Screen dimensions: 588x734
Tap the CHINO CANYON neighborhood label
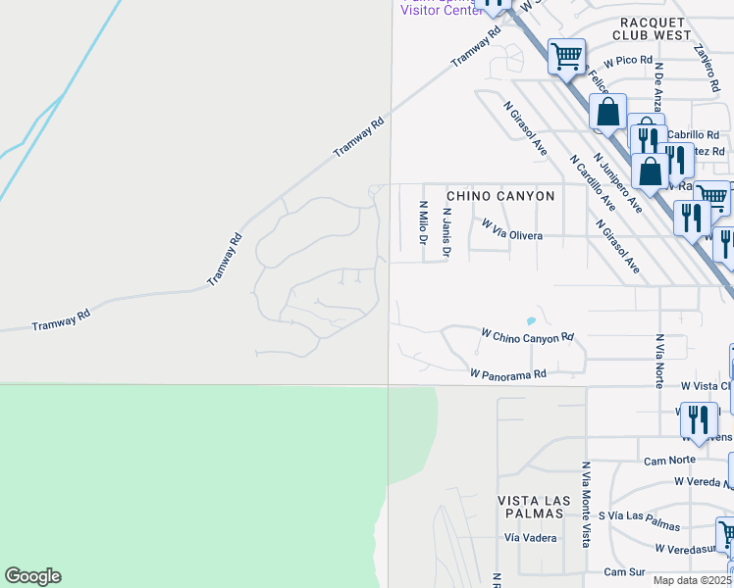click(500, 196)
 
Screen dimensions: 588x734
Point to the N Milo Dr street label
click(424, 230)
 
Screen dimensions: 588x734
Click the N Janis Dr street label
click(446, 232)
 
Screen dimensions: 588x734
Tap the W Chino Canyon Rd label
click(526, 335)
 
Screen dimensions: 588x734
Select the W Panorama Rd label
click(507, 373)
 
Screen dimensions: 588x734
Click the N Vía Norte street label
click(659, 360)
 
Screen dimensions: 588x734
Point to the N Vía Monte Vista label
click(586, 504)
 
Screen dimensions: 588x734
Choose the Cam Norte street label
click(669, 460)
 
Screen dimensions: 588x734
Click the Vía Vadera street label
click(530, 537)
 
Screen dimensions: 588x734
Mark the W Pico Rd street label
click(628, 61)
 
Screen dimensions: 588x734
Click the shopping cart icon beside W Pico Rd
click(566, 57)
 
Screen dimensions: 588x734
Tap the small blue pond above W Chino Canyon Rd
click(531, 320)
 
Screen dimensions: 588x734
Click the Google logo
click(32, 576)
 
